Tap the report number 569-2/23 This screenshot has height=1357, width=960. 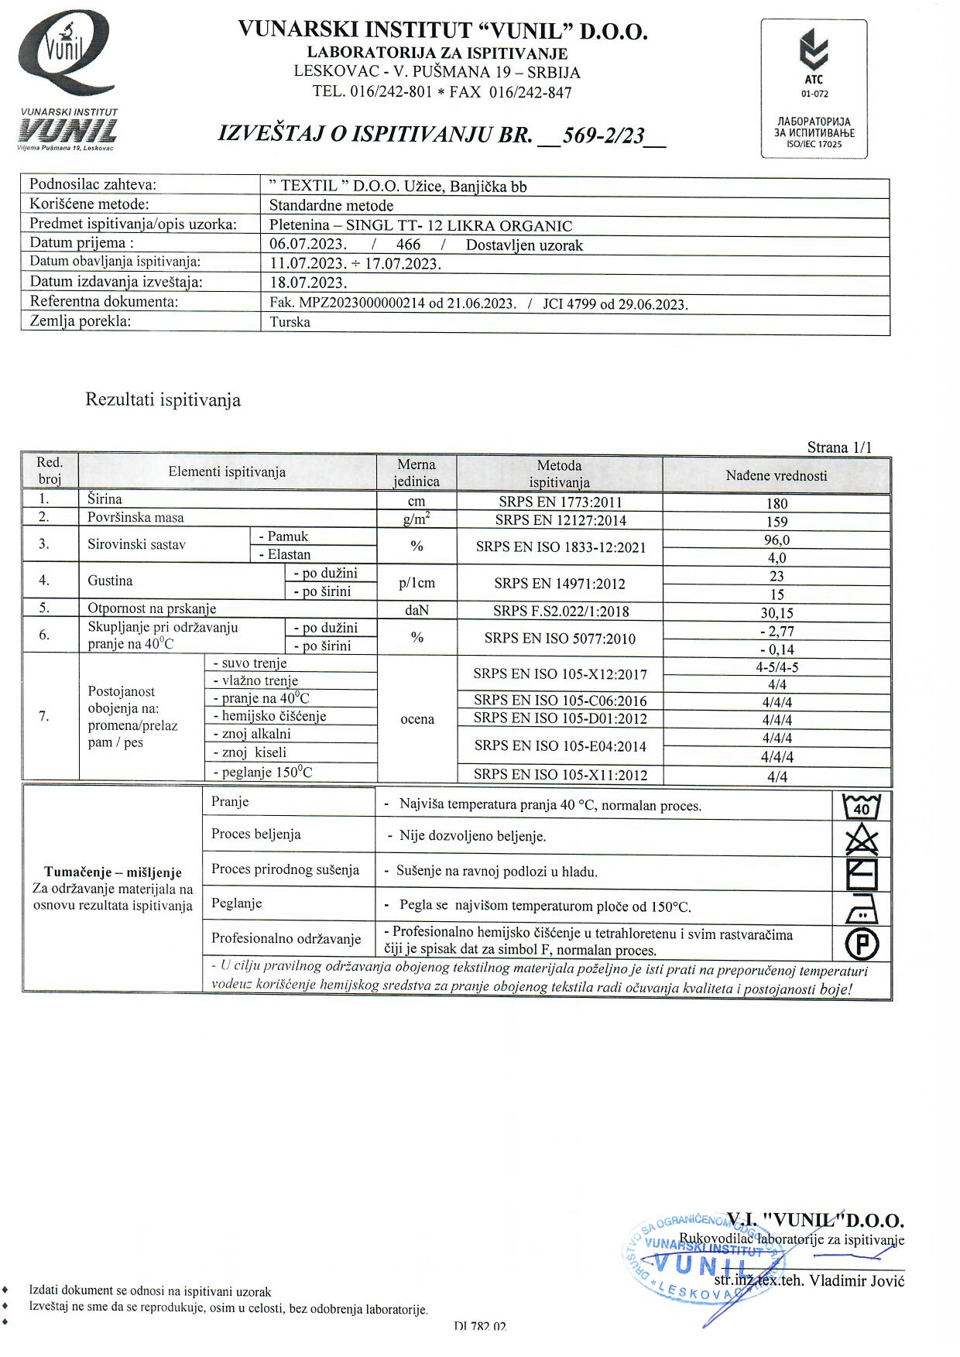click(x=604, y=135)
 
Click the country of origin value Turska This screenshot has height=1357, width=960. click(x=290, y=323)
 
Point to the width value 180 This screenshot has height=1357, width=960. click(x=777, y=503)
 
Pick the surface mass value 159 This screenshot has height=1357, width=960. click(x=777, y=522)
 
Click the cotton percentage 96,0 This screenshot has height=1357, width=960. click(x=777, y=540)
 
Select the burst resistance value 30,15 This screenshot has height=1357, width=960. click(x=777, y=613)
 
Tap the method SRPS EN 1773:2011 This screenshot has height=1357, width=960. click(x=560, y=502)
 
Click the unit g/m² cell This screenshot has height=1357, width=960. click(x=417, y=519)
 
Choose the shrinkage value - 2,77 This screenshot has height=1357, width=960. click(x=777, y=632)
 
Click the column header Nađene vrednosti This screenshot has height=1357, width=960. click(x=777, y=476)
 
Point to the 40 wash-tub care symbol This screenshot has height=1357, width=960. click(x=861, y=807)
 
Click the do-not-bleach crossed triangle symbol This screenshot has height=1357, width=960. click(x=861, y=839)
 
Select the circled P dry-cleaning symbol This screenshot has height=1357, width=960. click(x=861, y=943)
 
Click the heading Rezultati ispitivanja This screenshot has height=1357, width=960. click(x=163, y=400)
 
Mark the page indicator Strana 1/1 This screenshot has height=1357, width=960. click(x=839, y=447)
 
